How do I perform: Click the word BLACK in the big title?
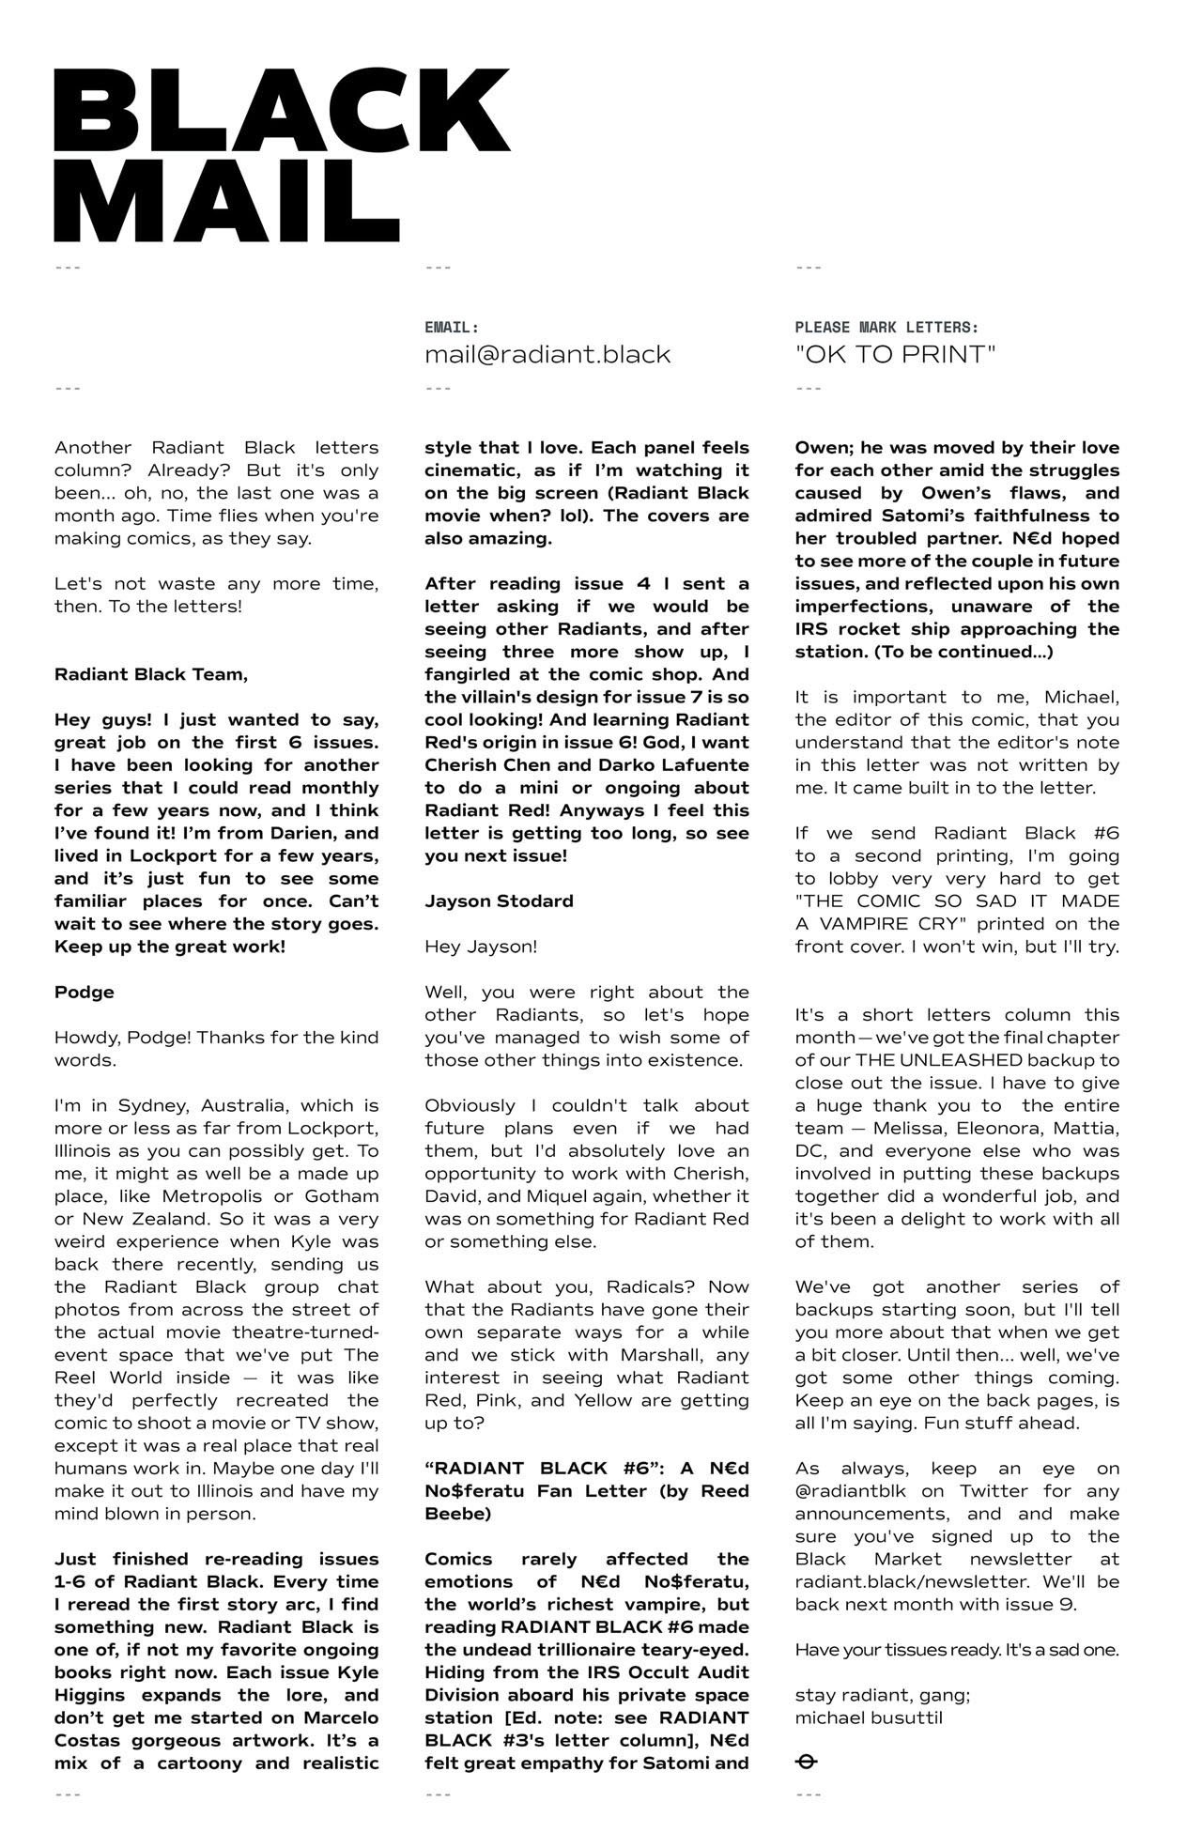point(282,111)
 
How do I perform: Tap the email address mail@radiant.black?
point(547,355)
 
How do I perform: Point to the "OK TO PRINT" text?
point(895,355)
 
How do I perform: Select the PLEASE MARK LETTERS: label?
point(886,328)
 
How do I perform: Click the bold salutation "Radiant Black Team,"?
point(151,674)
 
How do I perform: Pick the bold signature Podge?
point(85,992)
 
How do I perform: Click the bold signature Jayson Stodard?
point(499,901)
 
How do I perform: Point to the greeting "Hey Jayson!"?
point(481,947)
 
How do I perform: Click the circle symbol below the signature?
point(806,1762)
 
